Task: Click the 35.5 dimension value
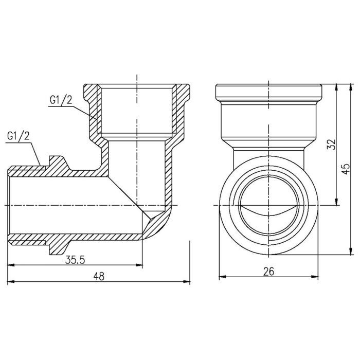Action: point(75,260)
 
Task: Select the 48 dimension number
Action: point(99,276)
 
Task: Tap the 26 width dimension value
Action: point(268,271)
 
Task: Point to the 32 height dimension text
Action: point(331,145)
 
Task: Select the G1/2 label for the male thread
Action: point(18,137)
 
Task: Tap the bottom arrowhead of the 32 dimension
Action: point(336,203)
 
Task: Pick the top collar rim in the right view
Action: point(267,91)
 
